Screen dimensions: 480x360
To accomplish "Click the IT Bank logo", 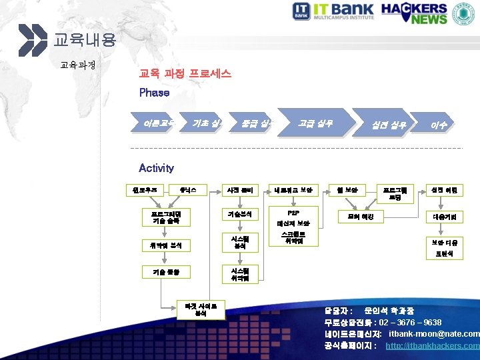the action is pyautogui.click(x=339, y=13).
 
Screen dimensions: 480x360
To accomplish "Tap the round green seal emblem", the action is pyautogui.click(x=465, y=13).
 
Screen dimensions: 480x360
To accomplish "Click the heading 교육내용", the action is pyautogui.click(x=85, y=40).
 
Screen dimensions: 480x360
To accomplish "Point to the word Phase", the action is pyautogui.click(x=154, y=93).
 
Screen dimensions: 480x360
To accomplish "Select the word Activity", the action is pyautogui.click(x=156, y=168).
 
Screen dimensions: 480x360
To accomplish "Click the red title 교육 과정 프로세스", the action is pyautogui.click(x=185, y=74).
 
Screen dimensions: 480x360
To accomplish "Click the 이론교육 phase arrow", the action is pyautogui.click(x=157, y=123).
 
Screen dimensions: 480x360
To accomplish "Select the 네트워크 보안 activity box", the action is pyautogui.click(x=293, y=190).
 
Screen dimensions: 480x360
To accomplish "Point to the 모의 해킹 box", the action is pyautogui.click(x=361, y=217).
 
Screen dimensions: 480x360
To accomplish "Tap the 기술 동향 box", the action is pyautogui.click(x=167, y=271).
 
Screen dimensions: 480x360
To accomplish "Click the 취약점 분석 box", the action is pyautogui.click(x=167, y=245).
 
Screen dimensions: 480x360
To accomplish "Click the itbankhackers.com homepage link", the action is pyautogui.click(x=432, y=346).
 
